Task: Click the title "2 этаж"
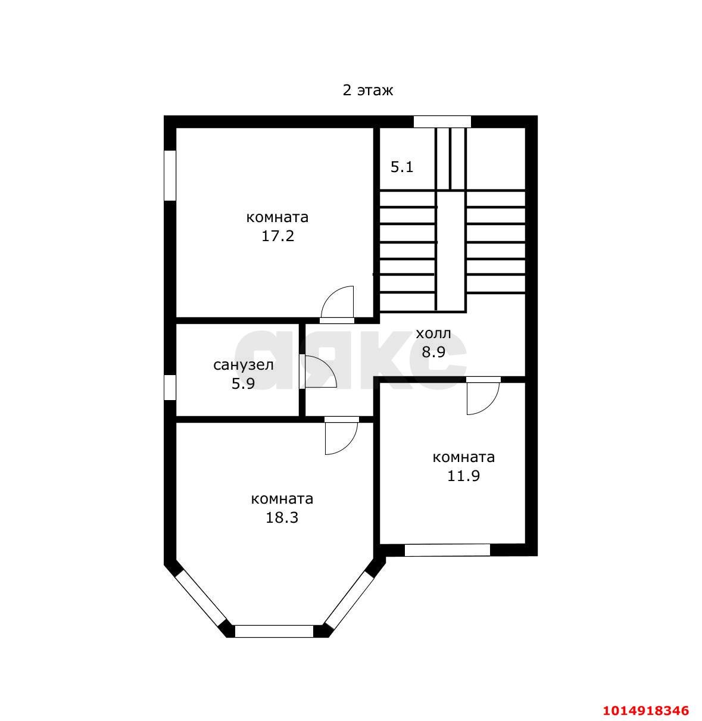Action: tap(367, 90)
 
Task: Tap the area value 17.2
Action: tap(277, 236)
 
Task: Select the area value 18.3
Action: tap(282, 517)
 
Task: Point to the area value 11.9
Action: tap(463, 476)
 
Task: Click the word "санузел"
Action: tap(244, 365)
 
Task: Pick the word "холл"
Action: tap(433, 333)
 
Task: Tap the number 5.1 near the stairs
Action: tap(402, 167)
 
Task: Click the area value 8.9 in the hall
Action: tap(433, 352)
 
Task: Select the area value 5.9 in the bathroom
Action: tap(243, 384)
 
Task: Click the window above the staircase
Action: tap(442, 121)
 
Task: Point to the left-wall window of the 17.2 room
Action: tap(170, 175)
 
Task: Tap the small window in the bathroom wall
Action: tap(170, 387)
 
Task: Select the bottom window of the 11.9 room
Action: tap(447, 550)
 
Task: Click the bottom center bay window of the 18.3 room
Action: tap(274, 631)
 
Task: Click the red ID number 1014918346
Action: tap(646, 711)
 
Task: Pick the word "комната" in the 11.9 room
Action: tap(463, 457)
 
